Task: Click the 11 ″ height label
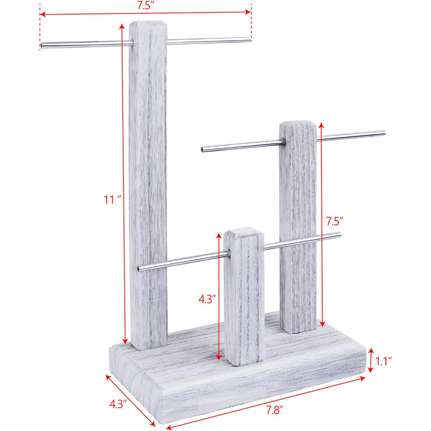point(113,199)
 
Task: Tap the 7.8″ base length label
point(274,410)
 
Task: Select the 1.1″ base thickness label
point(384,361)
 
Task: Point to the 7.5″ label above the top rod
point(145,5)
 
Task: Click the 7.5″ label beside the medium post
point(335,221)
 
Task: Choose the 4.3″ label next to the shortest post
point(207,299)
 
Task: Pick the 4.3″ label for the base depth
point(118,404)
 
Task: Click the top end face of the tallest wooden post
point(147,25)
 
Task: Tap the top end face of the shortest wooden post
point(244,233)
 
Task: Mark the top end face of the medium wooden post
point(298,125)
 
